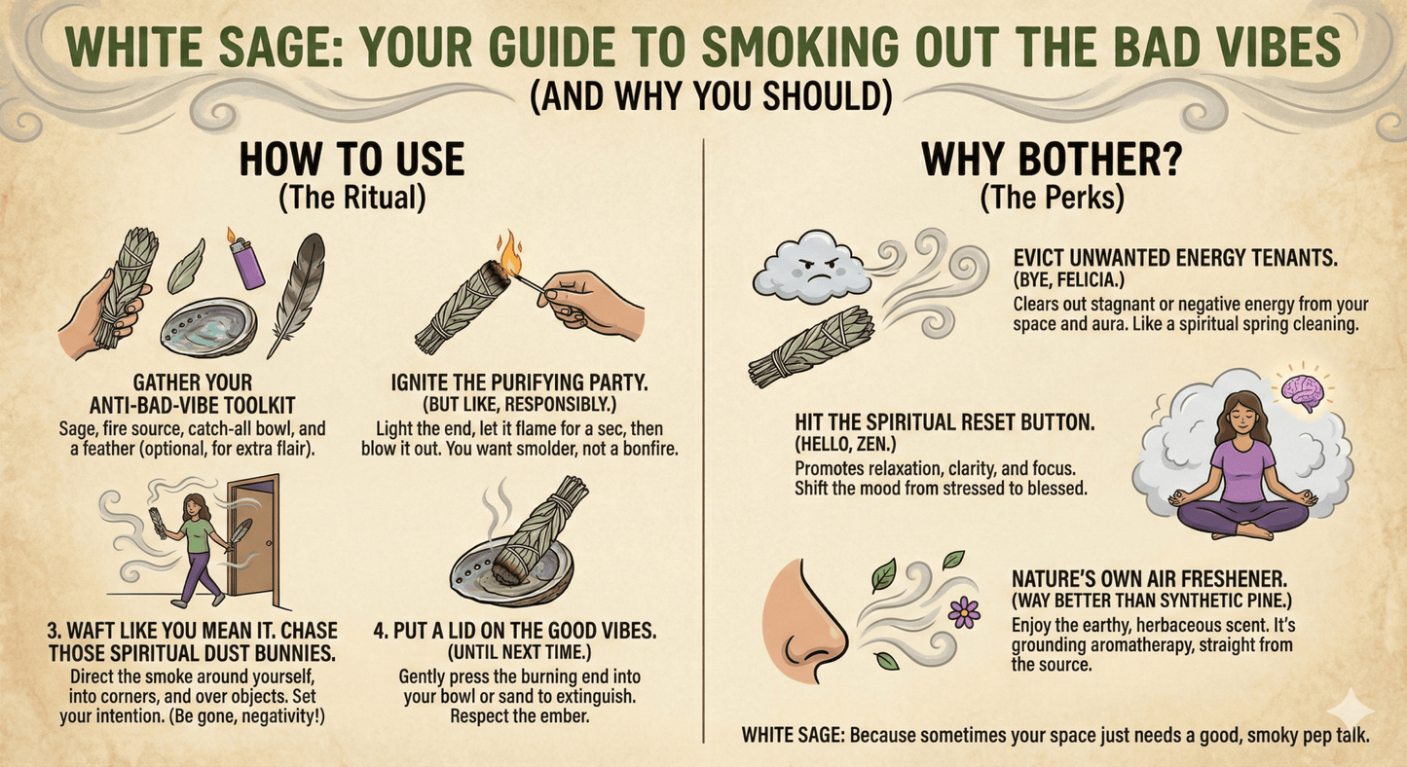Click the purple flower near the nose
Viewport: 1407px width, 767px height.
tap(964, 612)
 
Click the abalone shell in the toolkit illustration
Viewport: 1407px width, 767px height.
tap(208, 326)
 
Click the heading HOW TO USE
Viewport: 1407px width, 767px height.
tap(352, 160)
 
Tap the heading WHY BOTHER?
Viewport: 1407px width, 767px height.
tap(1052, 160)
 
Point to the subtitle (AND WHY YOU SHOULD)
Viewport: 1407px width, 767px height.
tap(711, 95)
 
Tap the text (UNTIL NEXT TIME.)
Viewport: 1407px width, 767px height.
tap(519, 653)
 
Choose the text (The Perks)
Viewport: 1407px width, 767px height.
tap(1052, 197)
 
